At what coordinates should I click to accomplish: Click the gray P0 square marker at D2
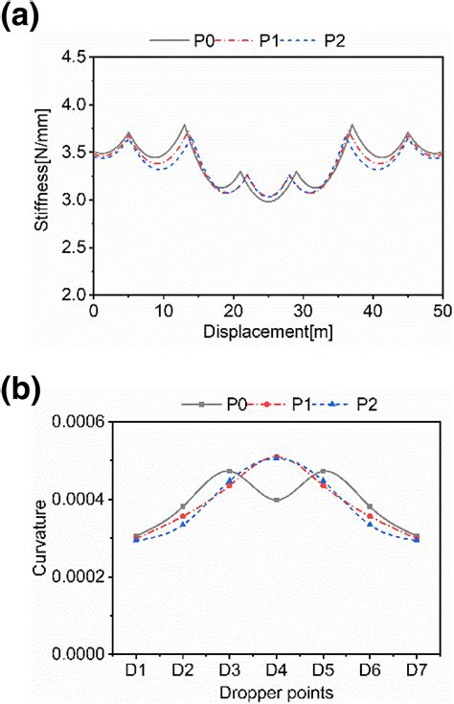pyautogui.click(x=183, y=506)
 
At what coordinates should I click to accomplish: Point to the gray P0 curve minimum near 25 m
pyautogui.click(x=266, y=201)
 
